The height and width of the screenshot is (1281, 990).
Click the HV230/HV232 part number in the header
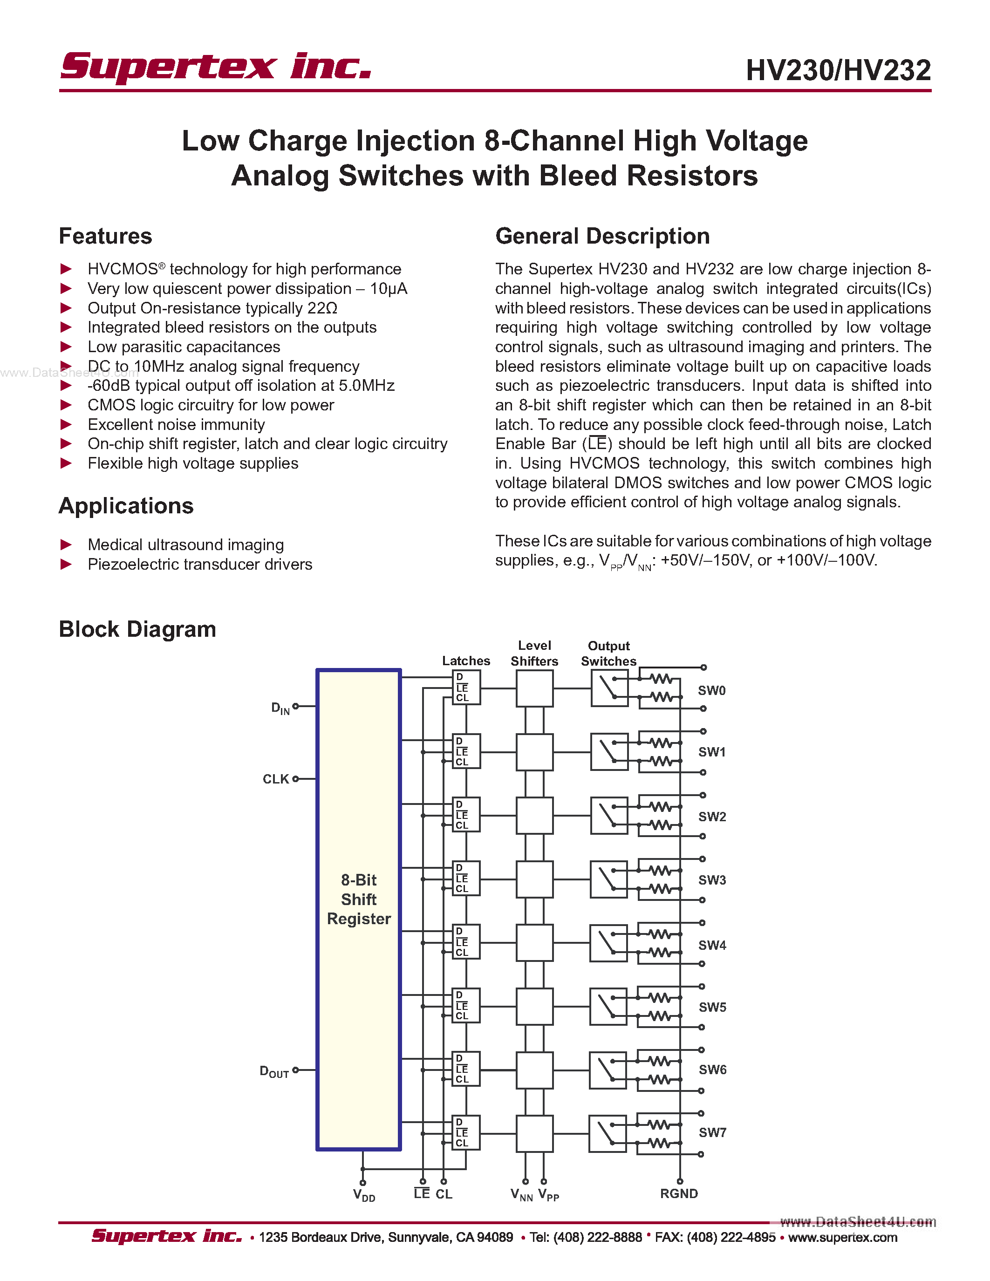[x=838, y=71]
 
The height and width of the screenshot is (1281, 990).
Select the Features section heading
[x=106, y=236]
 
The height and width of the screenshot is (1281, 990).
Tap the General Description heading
[x=602, y=236]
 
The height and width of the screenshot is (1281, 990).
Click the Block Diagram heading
[x=137, y=629]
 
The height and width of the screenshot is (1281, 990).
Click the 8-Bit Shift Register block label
[x=358, y=899]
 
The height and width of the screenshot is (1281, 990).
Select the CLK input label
[x=276, y=779]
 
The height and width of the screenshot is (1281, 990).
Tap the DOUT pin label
[x=274, y=1071]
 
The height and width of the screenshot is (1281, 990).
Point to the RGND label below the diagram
[x=679, y=1193]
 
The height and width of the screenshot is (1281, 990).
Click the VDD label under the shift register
[x=364, y=1195]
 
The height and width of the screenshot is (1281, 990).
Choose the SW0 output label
[x=711, y=691]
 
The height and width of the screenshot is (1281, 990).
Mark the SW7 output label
[x=712, y=1132]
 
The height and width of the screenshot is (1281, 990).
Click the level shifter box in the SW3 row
[x=534, y=879]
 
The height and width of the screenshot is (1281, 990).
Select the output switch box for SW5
[x=608, y=1007]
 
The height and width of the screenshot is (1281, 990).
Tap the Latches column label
[x=466, y=661]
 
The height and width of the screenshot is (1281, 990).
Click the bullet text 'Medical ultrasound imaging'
[x=185, y=545]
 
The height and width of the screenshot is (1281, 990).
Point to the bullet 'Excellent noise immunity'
[x=176, y=425]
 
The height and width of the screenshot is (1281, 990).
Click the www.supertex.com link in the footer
[x=842, y=1238]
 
